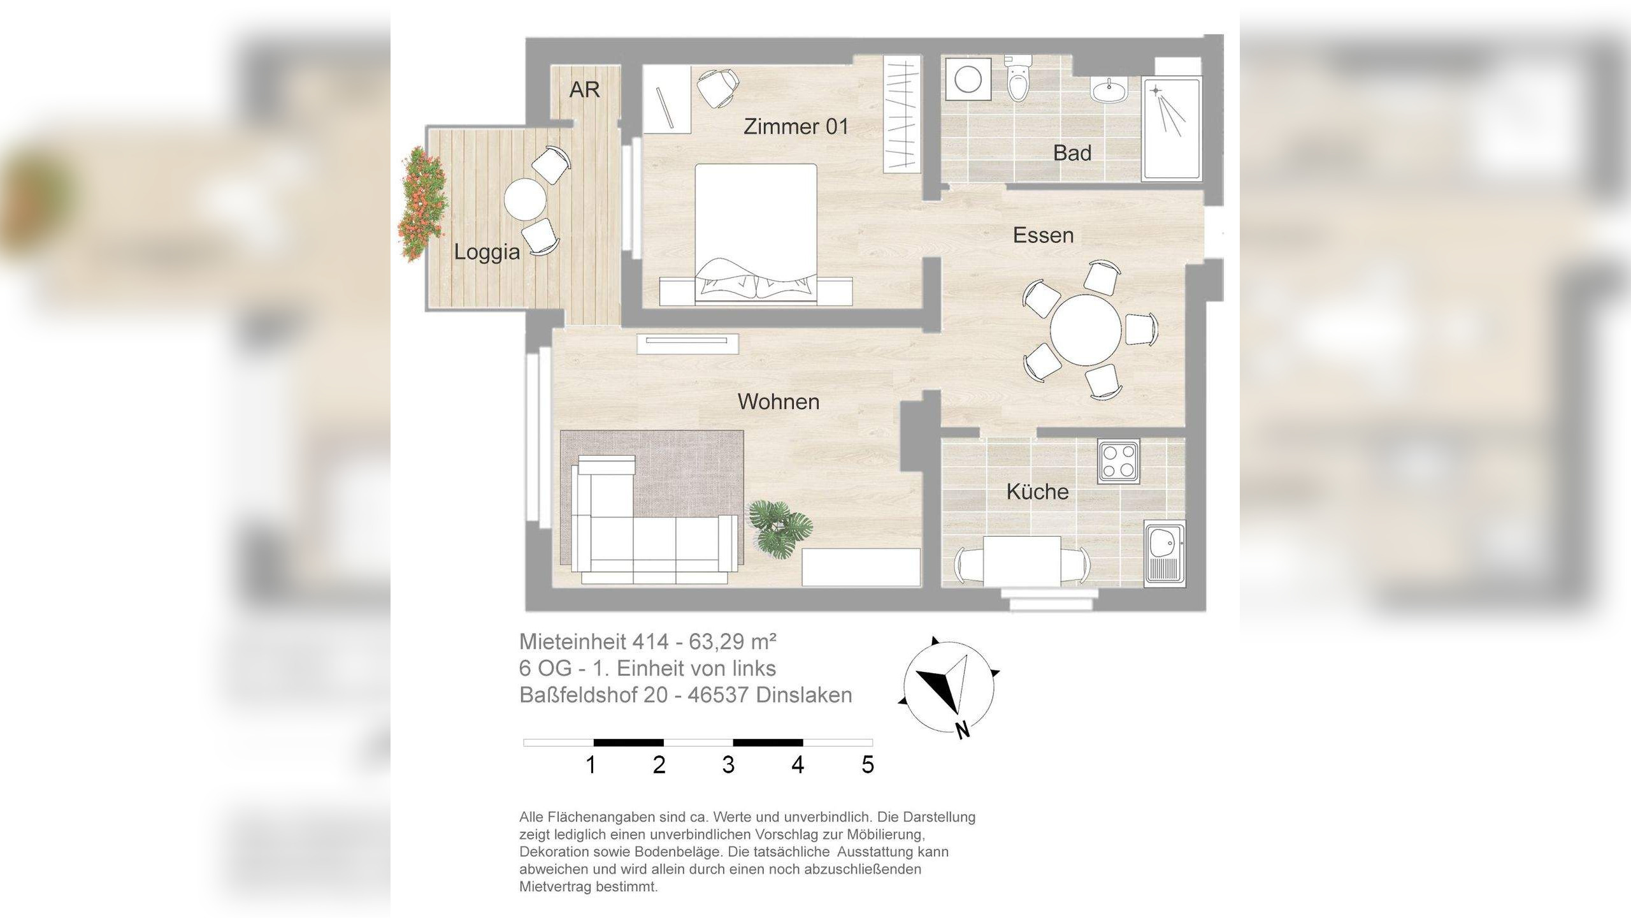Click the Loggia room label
(x=487, y=252)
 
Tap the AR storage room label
(x=584, y=90)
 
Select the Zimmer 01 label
(x=796, y=127)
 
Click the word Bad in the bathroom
(x=1072, y=153)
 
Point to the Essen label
(x=1043, y=235)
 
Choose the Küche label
(x=1037, y=492)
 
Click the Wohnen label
(x=778, y=402)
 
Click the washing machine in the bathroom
(x=968, y=80)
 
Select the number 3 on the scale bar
(x=728, y=764)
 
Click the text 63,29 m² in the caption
(x=732, y=641)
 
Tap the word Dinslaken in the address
(x=803, y=695)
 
